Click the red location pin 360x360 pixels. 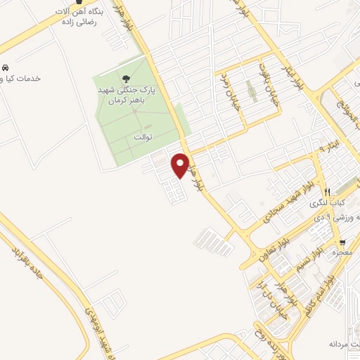click(181, 165)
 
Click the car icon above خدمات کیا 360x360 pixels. click(4, 67)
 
